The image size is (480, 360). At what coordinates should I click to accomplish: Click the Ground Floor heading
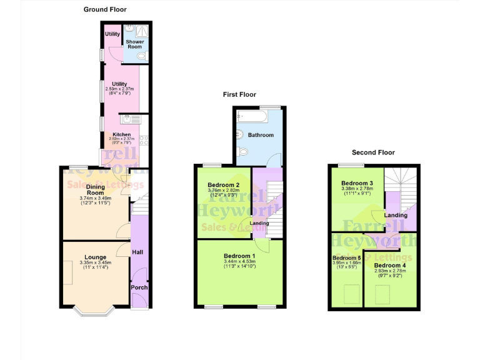click(x=105, y=9)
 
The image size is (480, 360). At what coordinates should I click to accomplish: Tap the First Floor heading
click(x=240, y=94)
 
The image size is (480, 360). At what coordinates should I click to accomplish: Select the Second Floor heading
click(x=373, y=152)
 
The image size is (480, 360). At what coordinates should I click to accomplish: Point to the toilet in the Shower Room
click(x=141, y=56)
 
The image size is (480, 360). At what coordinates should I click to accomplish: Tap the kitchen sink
click(x=132, y=120)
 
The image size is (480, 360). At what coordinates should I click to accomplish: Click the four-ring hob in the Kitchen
click(x=142, y=140)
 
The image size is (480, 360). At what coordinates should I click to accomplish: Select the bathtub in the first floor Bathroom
click(x=252, y=116)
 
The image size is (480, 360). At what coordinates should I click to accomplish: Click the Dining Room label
click(x=96, y=189)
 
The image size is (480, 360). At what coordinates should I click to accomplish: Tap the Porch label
click(x=139, y=287)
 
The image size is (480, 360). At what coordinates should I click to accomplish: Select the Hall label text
click(x=138, y=251)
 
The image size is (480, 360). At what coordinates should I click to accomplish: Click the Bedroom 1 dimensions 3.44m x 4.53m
click(x=239, y=262)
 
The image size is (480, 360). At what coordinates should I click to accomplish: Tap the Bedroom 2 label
click(x=224, y=184)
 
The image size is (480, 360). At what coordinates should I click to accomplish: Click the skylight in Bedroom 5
click(x=349, y=292)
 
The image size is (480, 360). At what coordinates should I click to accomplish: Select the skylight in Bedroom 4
click(x=381, y=292)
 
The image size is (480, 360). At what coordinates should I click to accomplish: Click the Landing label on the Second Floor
click(x=396, y=215)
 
